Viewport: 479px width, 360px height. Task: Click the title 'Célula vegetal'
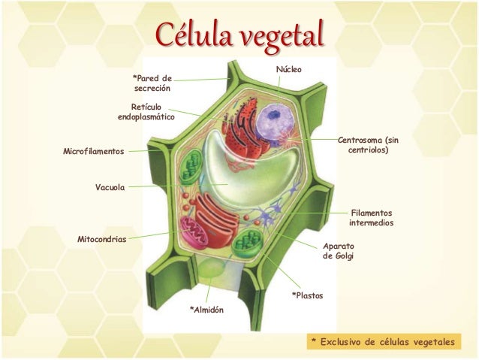(x=239, y=36)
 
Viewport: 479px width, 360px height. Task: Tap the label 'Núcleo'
(x=289, y=69)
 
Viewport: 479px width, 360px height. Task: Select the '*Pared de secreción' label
(x=152, y=83)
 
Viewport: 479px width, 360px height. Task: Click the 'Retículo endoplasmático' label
(x=146, y=112)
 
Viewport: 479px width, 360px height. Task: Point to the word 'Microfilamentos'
(x=94, y=151)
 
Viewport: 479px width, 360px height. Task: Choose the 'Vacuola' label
(x=110, y=187)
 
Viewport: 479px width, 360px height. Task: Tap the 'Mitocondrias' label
(x=101, y=239)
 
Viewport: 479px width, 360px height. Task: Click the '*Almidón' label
(x=206, y=310)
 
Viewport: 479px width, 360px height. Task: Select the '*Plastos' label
(x=307, y=295)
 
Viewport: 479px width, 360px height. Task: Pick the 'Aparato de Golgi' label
(x=339, y=251)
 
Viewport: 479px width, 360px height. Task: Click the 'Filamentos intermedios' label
(x=371, y=218)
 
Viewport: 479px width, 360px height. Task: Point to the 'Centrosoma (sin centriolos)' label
(x=368, y=145)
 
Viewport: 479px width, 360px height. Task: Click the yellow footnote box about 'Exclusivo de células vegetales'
(x=384, y=341)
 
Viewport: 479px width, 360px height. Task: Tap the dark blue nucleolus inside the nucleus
(x=274, y=115)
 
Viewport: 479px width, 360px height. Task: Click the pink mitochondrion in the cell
(x=194, y=232)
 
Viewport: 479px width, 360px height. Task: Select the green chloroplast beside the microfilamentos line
(x=190, y=167)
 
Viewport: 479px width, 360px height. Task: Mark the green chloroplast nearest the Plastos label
(x=248, y=243)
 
